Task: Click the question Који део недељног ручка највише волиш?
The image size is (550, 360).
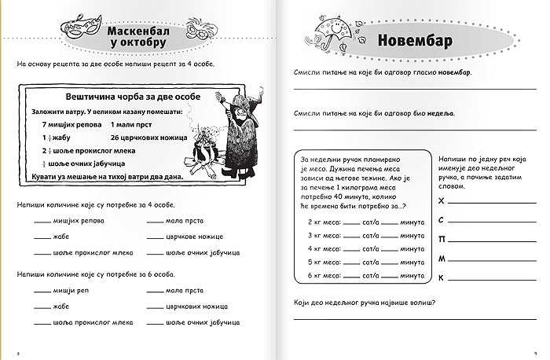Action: point(364,303)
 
